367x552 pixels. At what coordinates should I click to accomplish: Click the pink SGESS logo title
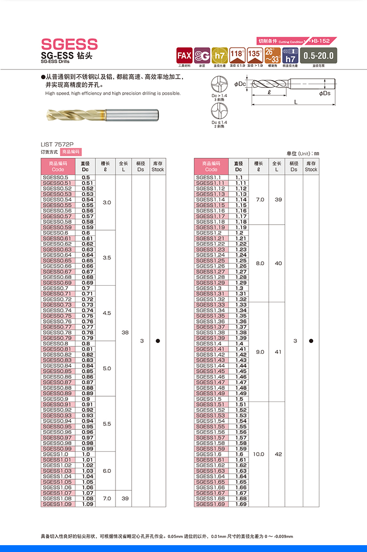pos(69,44)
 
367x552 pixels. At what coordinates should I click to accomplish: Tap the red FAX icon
pos(184,55)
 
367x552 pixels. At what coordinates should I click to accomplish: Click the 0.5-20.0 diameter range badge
pos(318,55)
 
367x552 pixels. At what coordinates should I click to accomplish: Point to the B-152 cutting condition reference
pos(322,42)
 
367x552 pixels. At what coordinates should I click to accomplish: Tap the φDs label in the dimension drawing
pos(324,93)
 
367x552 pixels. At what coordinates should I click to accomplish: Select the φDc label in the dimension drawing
pos(240,84)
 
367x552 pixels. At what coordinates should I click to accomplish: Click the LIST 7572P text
pos(57,145)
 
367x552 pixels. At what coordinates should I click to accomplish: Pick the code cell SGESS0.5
pos(56,177)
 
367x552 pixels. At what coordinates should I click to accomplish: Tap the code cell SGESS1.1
pos(208,177)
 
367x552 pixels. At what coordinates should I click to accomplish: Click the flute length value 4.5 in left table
pos(107,313)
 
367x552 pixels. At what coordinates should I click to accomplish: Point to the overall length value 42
pos(278,454)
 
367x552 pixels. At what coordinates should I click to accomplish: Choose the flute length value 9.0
pos(260,352)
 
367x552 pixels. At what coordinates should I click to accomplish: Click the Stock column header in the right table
pos(311,167)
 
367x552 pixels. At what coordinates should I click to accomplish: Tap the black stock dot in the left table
pos(158,341)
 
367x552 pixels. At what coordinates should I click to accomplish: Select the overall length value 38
pos(125,332)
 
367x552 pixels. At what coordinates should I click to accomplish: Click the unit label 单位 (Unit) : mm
pos(302,153)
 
